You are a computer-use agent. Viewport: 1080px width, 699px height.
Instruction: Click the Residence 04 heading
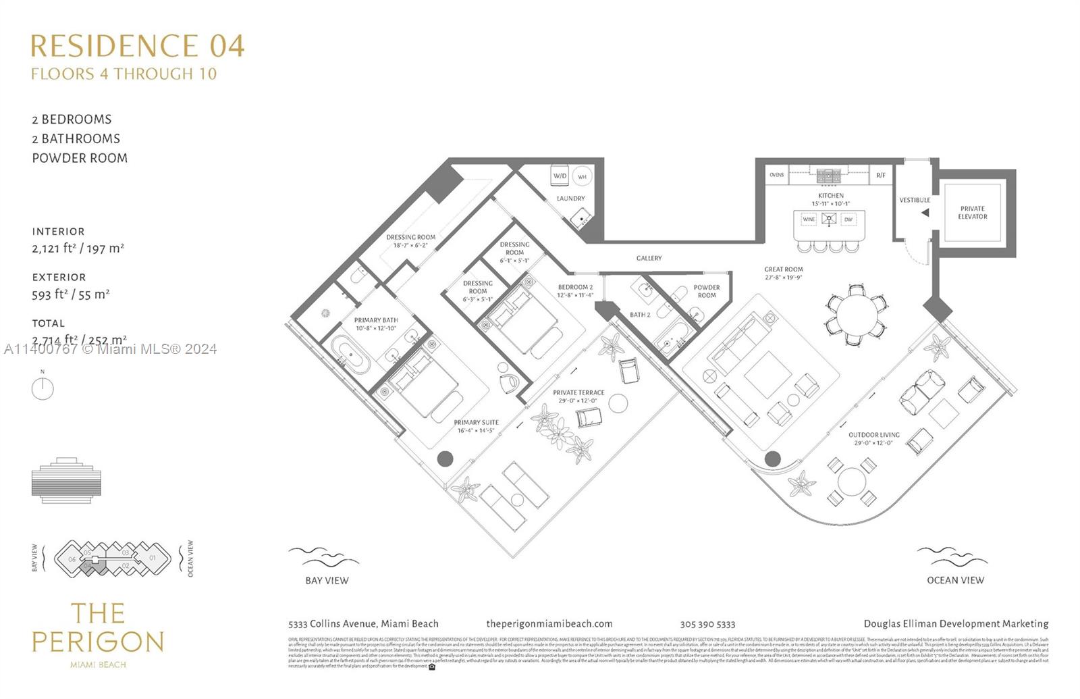pos(137,46)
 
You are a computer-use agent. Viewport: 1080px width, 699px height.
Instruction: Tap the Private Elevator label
pos(972,213)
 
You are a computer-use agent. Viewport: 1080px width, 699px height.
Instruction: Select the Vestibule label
pos(914,200)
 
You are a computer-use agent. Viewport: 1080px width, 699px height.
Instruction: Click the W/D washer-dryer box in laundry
pos(560,176)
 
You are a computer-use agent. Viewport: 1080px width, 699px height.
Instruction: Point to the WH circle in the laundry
pos(582,176)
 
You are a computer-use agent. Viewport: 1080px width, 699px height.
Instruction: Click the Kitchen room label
pos(830,196)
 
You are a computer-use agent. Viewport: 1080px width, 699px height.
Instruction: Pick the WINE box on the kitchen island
pos(809,219)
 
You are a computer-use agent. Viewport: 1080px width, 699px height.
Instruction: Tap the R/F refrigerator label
pos(880,176)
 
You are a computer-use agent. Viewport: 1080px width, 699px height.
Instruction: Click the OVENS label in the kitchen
pos(777,175)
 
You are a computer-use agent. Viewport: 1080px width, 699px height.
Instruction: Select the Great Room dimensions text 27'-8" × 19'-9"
pos(784,278)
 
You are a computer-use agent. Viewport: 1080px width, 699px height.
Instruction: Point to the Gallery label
pos(649,258)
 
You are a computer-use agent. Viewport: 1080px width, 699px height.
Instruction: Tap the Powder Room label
pos(707,291)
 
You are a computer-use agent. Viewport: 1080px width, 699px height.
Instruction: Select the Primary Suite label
pos(476,423)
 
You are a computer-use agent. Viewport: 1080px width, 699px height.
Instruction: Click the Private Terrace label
pos(578,392)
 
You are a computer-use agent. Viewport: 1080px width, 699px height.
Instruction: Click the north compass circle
pos(43,389)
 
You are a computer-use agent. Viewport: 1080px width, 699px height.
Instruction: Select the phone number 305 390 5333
pos(707,625)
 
